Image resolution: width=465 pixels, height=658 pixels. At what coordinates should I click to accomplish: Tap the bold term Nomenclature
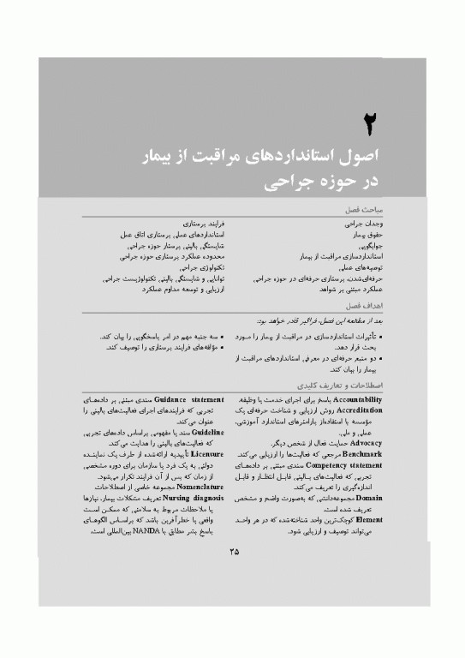[194, 485]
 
